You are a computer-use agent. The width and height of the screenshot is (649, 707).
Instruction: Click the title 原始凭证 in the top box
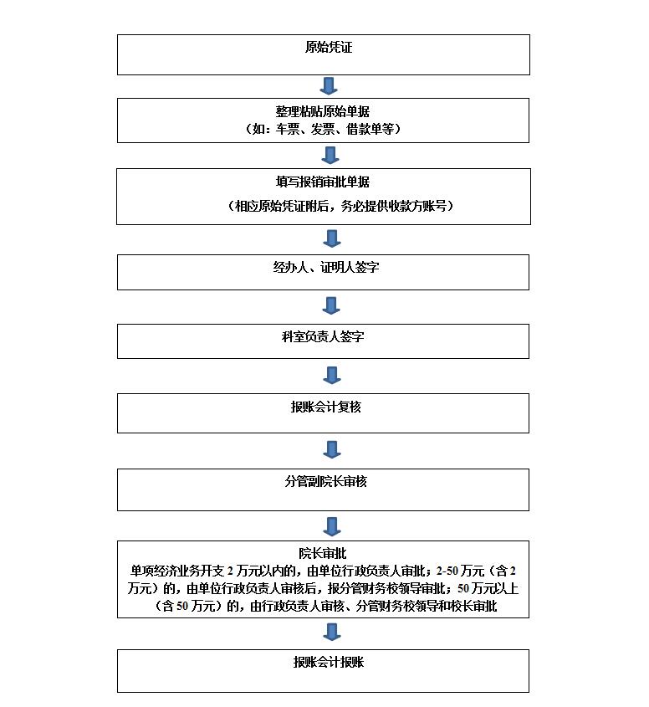click(x=329, y=47)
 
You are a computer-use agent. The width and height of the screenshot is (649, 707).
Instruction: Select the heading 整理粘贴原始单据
click(x=323, y=111)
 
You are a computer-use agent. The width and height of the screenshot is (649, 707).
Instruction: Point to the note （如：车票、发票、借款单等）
click(x=323, y=129)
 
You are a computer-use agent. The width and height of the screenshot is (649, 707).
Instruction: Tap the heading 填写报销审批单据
click(x=323, y=182)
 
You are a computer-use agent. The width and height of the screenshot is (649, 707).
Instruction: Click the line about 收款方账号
click(x=340, y=206)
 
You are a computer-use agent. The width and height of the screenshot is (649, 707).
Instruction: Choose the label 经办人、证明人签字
click(x=326, y=267)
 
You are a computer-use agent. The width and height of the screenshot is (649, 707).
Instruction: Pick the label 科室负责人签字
click(x=323, y=336)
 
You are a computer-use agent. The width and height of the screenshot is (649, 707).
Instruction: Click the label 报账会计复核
click(x=326, y=407)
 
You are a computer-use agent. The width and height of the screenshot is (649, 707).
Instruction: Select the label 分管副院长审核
click(x=326, y=481)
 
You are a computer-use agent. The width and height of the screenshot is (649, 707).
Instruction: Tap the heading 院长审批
click(x=323, y=553)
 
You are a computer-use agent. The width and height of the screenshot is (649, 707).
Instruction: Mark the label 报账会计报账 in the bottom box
click(x=329, y=662)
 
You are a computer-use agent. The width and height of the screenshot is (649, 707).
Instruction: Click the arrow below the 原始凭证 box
click(x=329, y=85)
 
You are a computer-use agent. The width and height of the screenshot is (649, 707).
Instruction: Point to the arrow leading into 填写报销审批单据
click(x=330, y=155)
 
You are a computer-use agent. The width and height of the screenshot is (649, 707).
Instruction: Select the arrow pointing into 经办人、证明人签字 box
click(x=332, y=238)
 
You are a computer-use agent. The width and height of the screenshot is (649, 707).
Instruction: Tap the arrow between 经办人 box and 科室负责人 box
click(x=331, y=305)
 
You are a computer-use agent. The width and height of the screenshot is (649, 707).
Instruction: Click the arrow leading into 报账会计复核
click(x=332, y=375)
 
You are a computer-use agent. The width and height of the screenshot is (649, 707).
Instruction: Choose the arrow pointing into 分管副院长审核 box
click(x=332, y=449)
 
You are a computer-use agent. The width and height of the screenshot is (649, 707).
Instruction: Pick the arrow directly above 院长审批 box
click(x=332, y=526)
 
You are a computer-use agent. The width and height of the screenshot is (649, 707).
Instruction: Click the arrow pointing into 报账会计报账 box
click(x=332, y=633)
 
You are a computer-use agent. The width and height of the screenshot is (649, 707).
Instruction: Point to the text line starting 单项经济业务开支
click(x=323, y=571)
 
